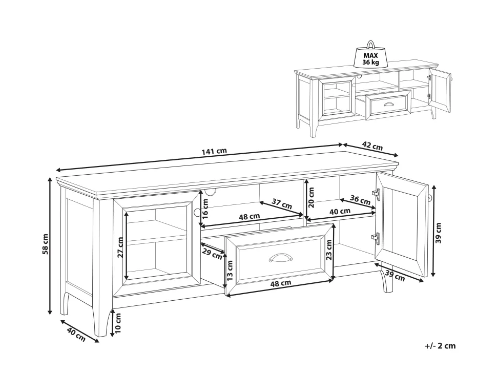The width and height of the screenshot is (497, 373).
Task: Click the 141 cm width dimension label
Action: click(x=214, y=151)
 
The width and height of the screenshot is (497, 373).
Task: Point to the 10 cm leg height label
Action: click(x=118, y=323)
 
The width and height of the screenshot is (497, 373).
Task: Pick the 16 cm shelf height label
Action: click(x=205, y=209)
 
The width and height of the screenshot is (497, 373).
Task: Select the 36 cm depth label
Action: click(x=360, y=199)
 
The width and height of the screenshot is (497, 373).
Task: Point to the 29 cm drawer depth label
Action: click(x=212, y=254)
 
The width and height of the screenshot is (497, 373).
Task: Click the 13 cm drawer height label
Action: click(x=230, y=271)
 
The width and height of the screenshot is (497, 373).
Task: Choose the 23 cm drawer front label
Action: click(x=329, y=250)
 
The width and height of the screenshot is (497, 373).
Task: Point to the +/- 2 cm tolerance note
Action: click(x=440, y=346)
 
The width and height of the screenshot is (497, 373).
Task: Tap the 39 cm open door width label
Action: click(x=395, y=276)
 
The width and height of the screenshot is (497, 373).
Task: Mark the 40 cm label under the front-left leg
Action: click(x=76, y=335)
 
